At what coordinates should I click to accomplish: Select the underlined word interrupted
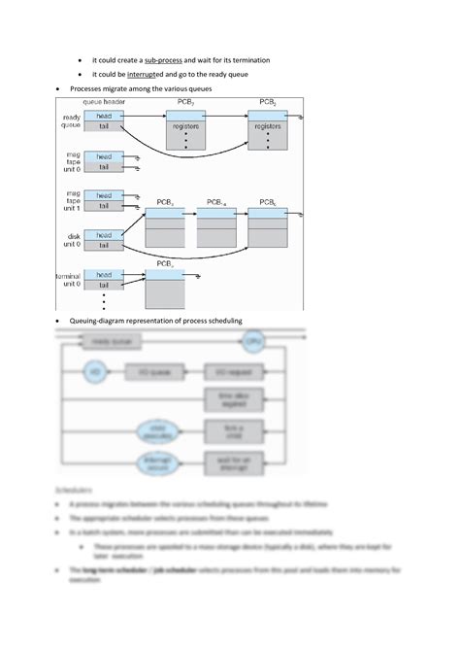(x=148, y=74)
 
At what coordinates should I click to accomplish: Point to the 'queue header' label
(x=105, y=102)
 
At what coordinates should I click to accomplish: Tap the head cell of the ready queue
(x=104, y=115)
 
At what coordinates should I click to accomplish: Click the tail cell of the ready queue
(x=104, y=125)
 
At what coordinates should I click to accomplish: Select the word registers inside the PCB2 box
(x=268, y=126)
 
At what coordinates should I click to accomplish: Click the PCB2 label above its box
(x=269, y=102)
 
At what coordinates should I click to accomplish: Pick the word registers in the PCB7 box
(x=185, y=126)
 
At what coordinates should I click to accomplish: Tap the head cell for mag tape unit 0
(x=104, y=155)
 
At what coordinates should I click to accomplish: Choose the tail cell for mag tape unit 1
(x=104, y=206)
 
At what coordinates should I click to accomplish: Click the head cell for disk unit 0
(x=104, y=235)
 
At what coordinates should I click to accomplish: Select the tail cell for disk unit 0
(x=104, y=246)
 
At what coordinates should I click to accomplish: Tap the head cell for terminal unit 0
(x=104, y=275)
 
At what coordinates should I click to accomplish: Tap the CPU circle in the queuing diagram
(x=253, y=342)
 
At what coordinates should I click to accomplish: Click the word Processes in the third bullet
(x=88, y=88)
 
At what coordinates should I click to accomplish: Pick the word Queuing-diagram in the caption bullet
(x=99, y=321)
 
